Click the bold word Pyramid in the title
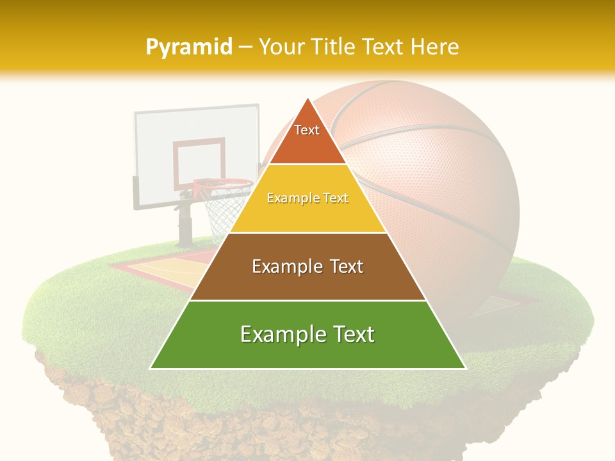pos(189,47)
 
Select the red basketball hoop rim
pos(224,184)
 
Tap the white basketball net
pos(221,211)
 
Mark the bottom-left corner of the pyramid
pos(151,368)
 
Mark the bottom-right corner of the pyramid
pos(465,368)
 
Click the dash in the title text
pos(245,47)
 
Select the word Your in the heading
pos(281,47)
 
